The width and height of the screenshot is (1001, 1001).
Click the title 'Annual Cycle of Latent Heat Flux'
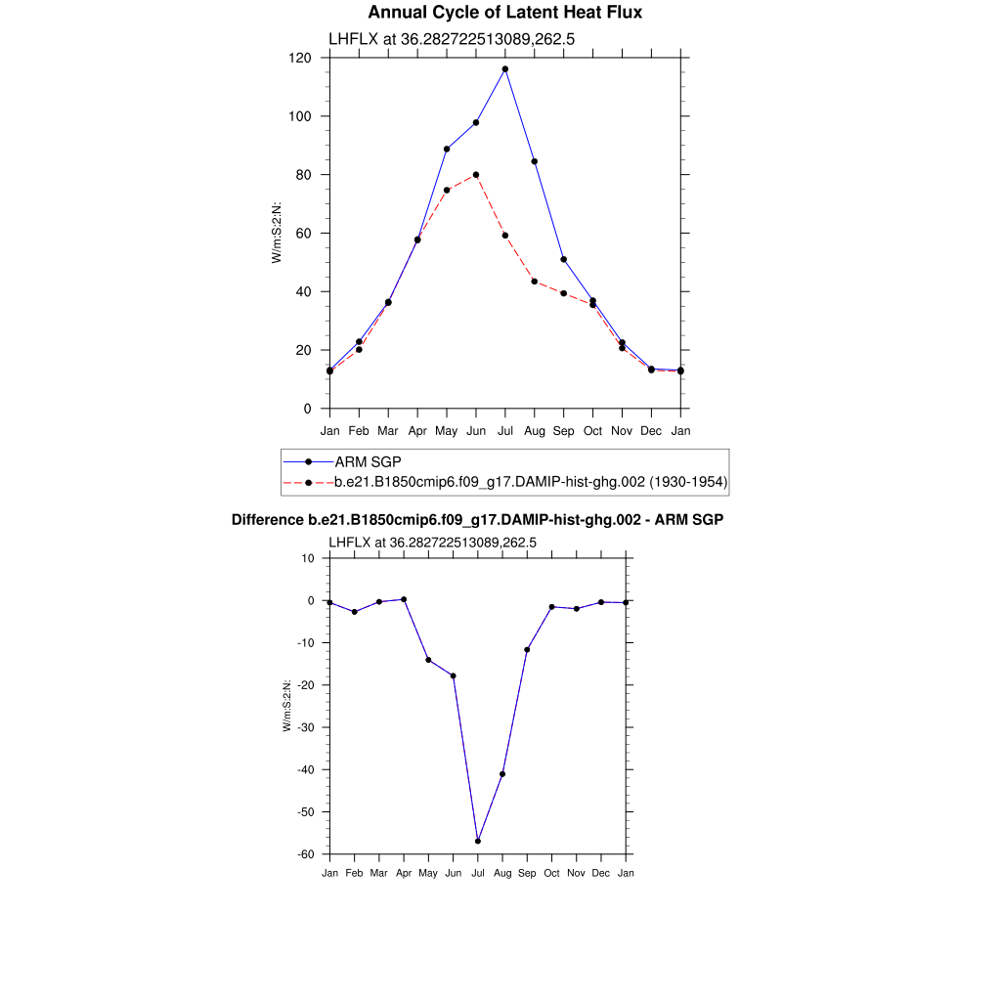tap(504, 13)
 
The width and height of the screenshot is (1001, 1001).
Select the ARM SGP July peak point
tap(505, 69)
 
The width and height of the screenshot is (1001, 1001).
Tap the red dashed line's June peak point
tap(476, 175)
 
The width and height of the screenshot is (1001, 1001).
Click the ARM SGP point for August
tap(535, 161)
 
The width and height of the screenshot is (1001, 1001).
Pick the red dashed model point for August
tap(535, 282)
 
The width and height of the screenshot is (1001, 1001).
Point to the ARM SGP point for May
tap(447, 149)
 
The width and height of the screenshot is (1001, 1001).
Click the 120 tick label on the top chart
tap(300, 58)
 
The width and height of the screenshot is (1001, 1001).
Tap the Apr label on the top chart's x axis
tap(417, 430)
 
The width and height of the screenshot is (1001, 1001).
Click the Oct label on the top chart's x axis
tap(593, 430)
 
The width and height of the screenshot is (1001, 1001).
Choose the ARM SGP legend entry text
tap(368, 461)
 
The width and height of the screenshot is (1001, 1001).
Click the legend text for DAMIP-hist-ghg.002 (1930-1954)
tap(531, 482)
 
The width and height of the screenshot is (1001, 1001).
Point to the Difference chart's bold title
tap(477, 520)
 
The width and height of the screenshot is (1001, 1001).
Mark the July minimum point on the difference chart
tap(478, 841)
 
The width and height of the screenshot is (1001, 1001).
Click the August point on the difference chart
tap(502, 774)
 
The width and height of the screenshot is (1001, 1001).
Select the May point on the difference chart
tap(428, 660)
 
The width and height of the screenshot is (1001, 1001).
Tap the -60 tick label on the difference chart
tap(306, 854)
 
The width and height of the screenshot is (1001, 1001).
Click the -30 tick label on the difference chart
tap(306, 727)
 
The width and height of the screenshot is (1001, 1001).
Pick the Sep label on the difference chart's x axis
tap(527, 873)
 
